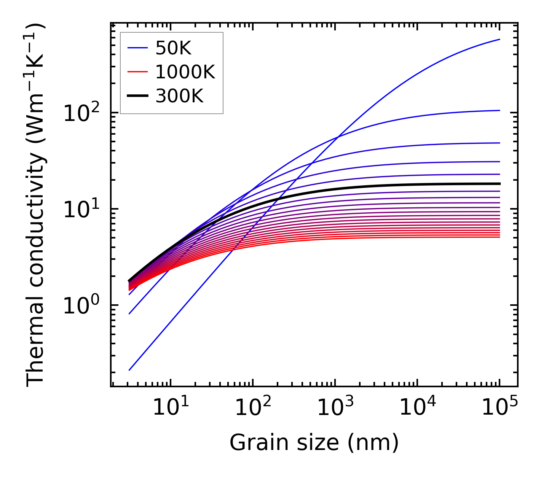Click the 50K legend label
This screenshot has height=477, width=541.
point(173,48)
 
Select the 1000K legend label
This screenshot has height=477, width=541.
point(185,72)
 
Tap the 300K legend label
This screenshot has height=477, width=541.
point(179,96)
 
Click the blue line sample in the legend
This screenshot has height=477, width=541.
point(137,48)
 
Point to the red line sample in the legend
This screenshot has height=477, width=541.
point(137,72)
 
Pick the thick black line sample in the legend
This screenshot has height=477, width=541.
point(137,96)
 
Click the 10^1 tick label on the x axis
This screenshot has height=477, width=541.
point(171,408)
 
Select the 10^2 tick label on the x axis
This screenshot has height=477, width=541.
point(253,408)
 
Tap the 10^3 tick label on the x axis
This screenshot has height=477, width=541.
point(335,408)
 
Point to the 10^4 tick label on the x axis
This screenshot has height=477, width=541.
point(417,408)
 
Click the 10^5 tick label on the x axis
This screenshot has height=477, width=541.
point(500,408)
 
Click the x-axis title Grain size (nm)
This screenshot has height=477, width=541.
point(314,443)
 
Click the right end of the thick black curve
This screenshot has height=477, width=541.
point(499,184)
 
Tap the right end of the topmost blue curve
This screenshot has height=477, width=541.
point(499,39)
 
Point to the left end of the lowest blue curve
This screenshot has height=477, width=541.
point(129,370)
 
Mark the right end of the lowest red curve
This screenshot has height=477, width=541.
point(499,237)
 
